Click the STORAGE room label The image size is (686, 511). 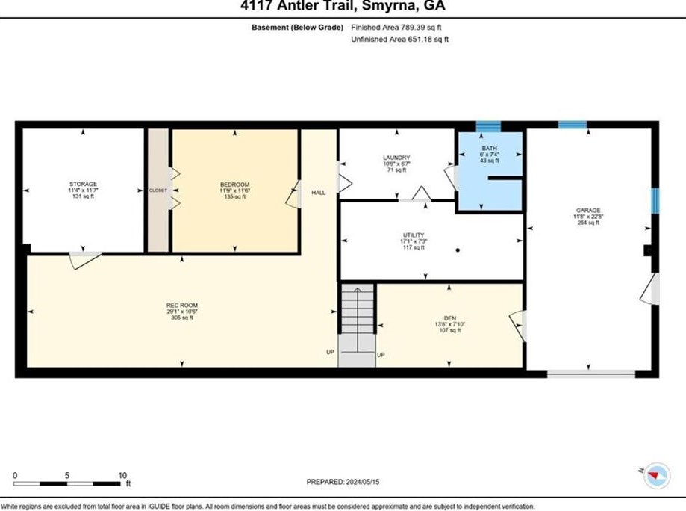(x=83, y=184)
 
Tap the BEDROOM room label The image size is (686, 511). (x=234, y=185)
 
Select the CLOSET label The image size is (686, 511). (x=158, y=191)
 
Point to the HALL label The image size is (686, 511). (x=319, y=193)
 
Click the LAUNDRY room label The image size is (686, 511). (x=396, y=158)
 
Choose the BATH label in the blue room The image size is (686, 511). (x=488, y=149)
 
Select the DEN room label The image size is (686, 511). (x=449, y=318)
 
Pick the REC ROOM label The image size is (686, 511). (x=182, y=305)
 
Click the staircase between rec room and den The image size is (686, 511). (x=356, y=325)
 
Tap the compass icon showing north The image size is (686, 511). (x=657, y=474)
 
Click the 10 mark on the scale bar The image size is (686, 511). (x=122, y=475)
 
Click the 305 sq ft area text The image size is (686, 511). (x=182, y=318)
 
